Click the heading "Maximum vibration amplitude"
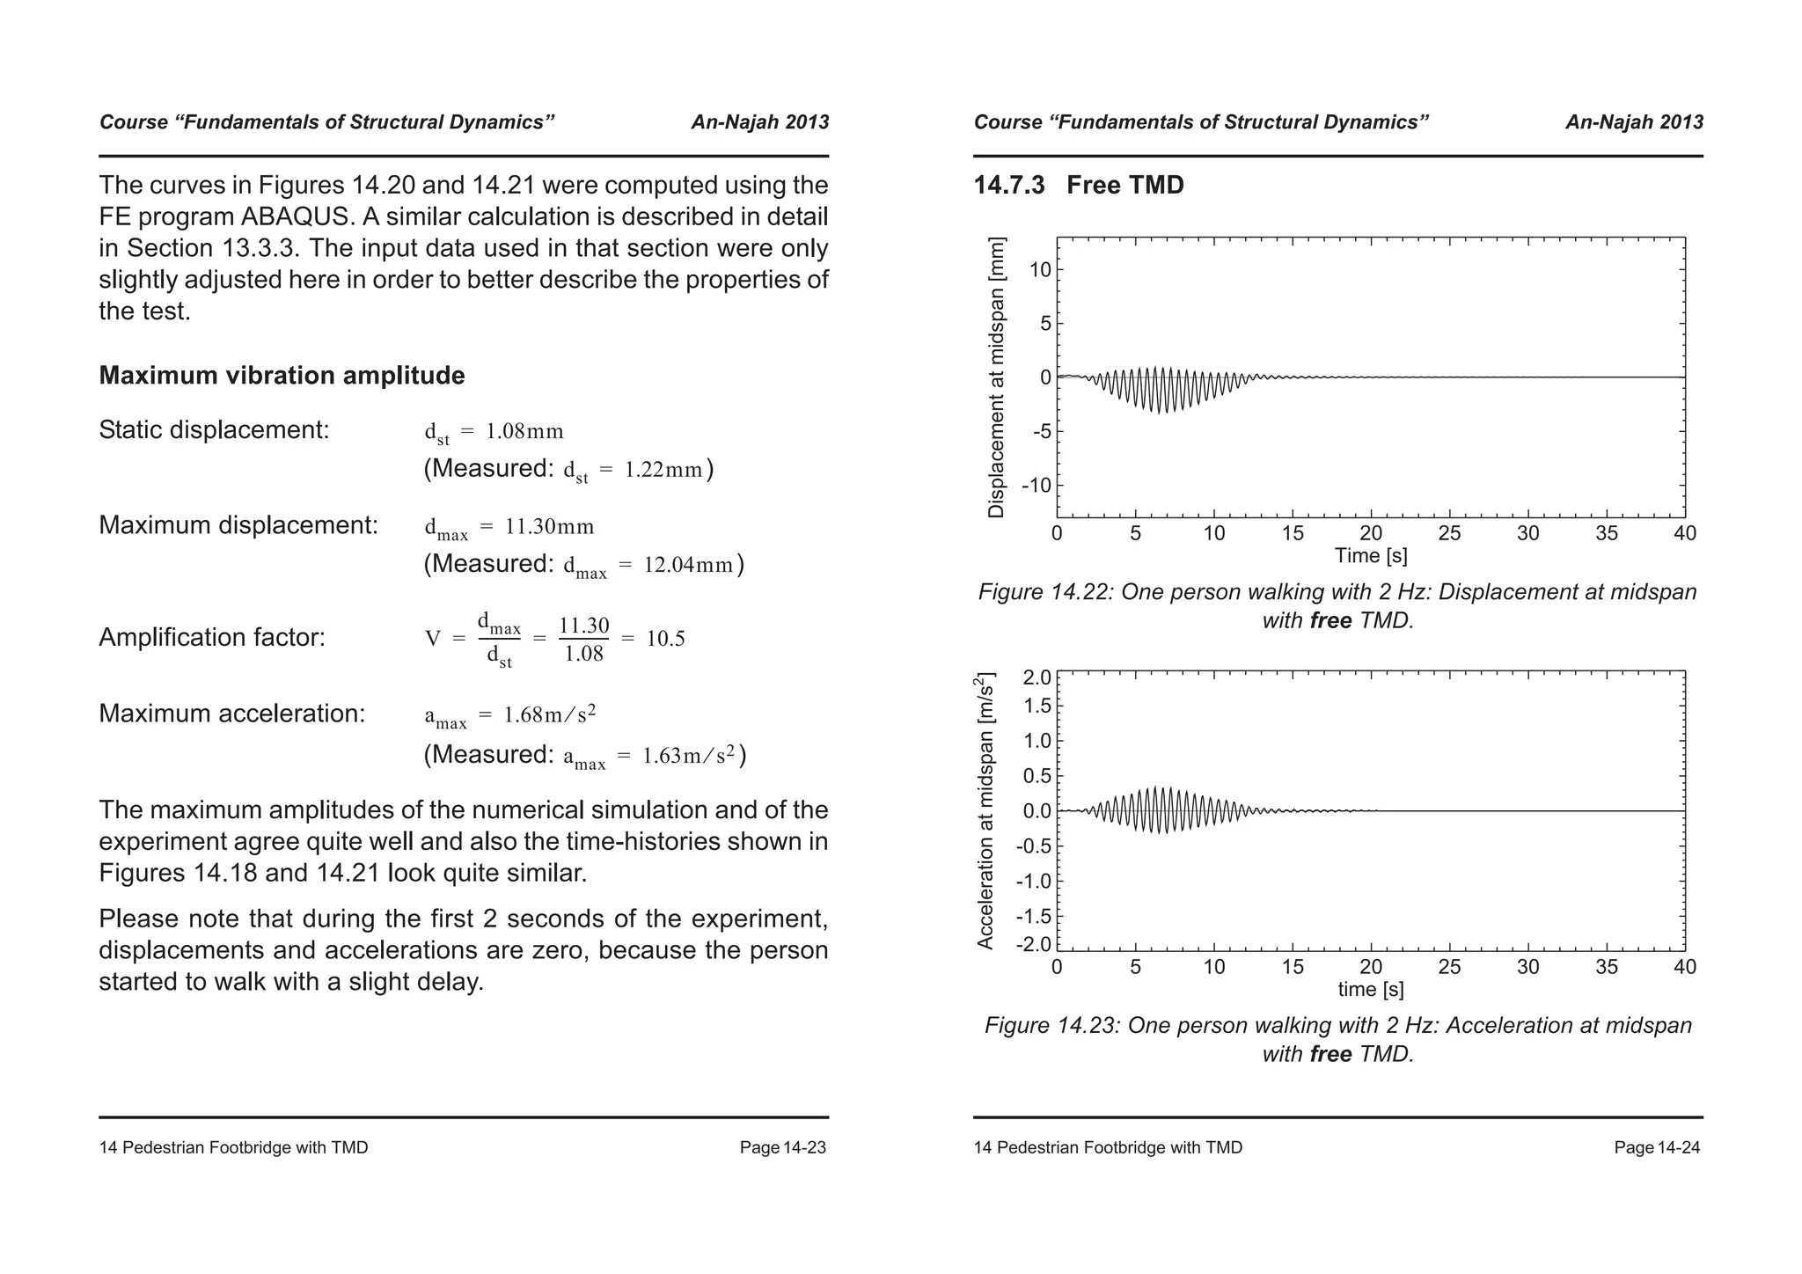(x=282, y=376)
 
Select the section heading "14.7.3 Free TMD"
(x=1078, y=186)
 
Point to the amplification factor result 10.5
(x=665, y=639)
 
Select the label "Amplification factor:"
(x=212, y=637)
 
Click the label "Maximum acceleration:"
(x=231, y=714)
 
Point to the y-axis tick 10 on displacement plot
(x=1040, y=270)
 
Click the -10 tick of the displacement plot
(x=1036, y=486)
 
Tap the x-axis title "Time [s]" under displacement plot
(x=1370, y=556)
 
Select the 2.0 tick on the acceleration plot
(x=1037, y=677)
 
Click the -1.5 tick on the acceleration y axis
(x=1034, y=917)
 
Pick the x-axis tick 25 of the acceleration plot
(x=1449, y=967)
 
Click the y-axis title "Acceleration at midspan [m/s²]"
(x=985, y=811)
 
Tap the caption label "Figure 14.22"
(x=1043, y=592)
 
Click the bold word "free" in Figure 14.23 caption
(x=1330, y=1054)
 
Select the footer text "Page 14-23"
(x=782, y=1148)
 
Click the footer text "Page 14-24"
(x=1657, y=1148)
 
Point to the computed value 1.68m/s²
(x=549, y=714)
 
